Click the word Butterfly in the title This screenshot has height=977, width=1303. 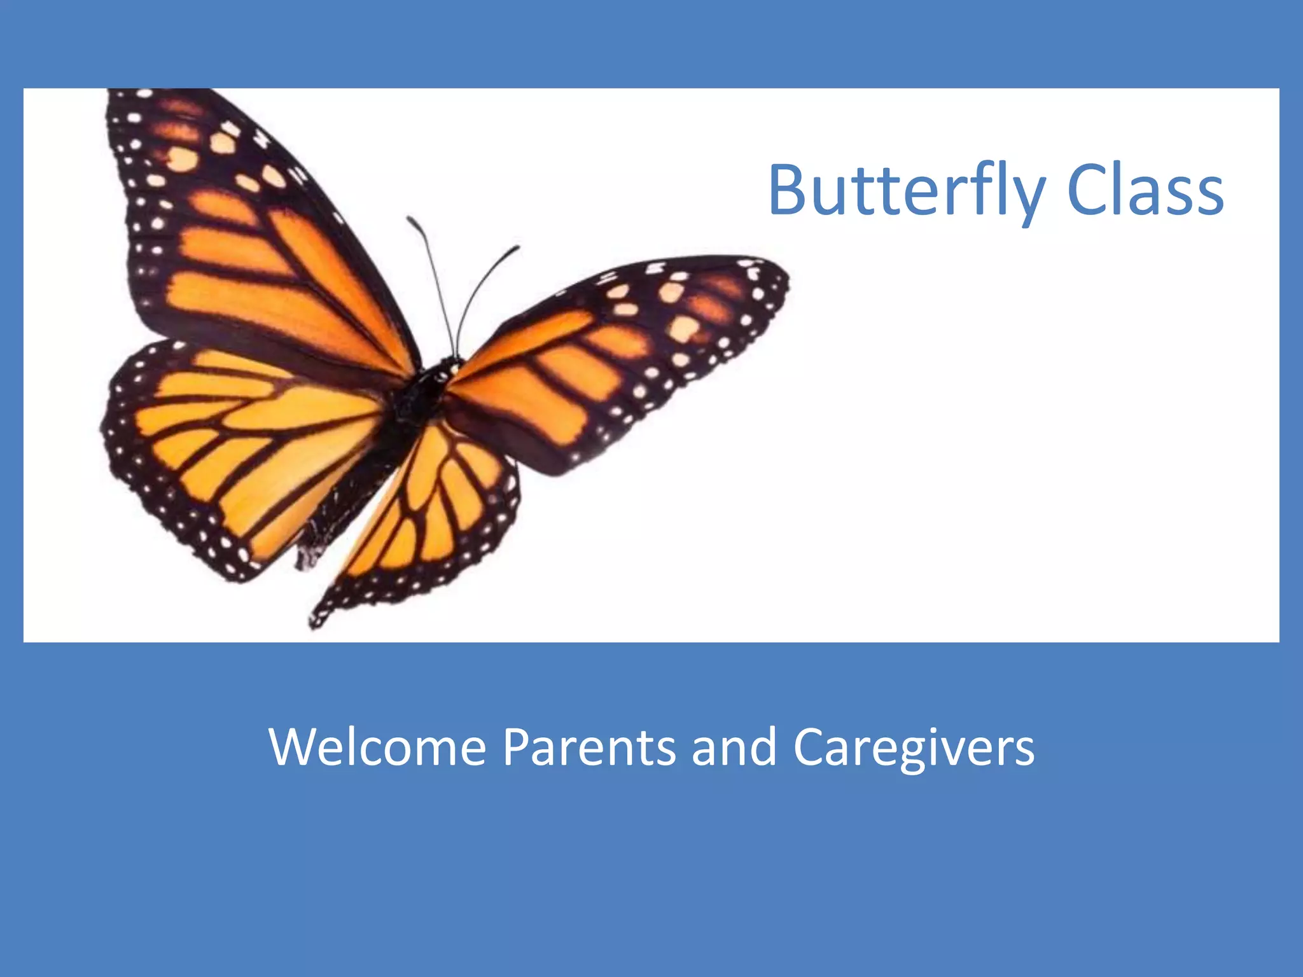(906, 191)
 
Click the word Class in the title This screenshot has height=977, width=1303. (1145, 191)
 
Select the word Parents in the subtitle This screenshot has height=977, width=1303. (589, 747)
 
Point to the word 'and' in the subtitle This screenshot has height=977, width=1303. (734, 747)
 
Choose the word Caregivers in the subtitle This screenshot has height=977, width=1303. (914, 748)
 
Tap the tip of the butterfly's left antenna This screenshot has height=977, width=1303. (410, 220)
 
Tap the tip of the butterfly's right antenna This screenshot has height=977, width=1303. (517, 248)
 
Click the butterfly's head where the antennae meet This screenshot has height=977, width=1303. (453, 366)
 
